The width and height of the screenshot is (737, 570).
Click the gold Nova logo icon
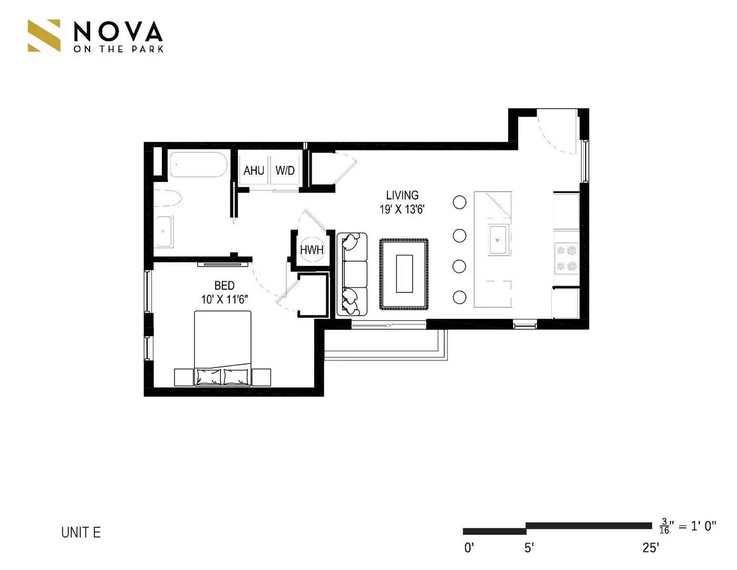click(x=44, y=35)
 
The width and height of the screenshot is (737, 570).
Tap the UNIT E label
click(x=81, y=532)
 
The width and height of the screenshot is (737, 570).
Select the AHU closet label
click(x=254, y=170)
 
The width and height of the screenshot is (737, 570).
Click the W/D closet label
click(x=285, y=170)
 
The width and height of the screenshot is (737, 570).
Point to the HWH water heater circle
click(x=312, y=250)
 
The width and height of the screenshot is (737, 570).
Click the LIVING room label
click(x=402, y=195)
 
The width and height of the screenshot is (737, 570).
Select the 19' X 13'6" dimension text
click(x=402, y=210)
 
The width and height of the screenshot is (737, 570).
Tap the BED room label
click(x=224, y=286)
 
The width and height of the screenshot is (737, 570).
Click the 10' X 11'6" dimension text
click(x=224, y=299)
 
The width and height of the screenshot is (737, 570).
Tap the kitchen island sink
click(x=498, y=240)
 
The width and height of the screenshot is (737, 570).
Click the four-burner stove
click(x=567, y=259)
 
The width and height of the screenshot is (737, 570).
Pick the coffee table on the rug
click(x=404, y=273)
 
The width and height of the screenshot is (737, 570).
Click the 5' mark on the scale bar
click(x=529, y=548)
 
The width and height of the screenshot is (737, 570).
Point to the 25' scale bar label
click(x=651, y=548)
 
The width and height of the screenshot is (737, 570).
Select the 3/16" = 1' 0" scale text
click(x=688, y=526)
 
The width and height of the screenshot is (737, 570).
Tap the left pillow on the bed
click(x=208, y=376)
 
